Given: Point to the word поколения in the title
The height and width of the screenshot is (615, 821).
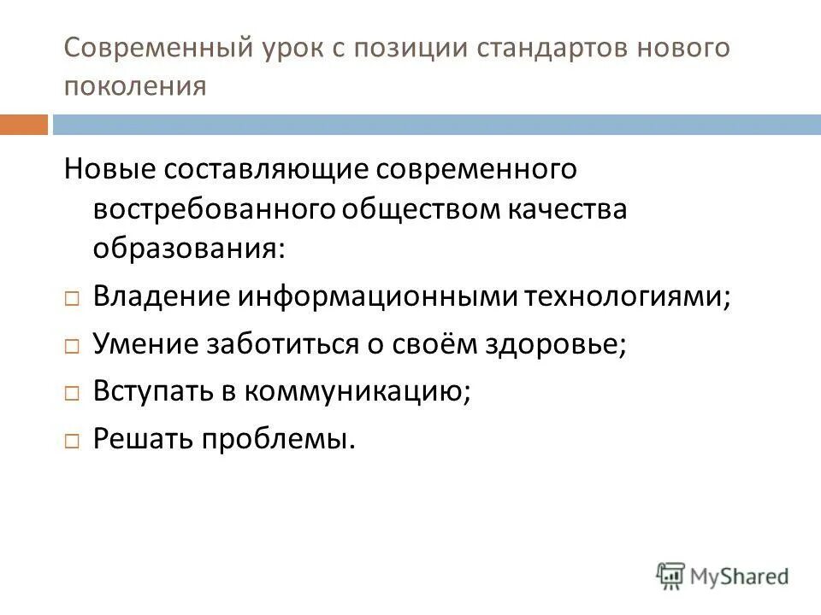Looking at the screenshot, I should pyautogui.click(x=135, y=86).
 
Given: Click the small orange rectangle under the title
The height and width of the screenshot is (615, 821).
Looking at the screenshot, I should pyautogui.click(x=23, y=125).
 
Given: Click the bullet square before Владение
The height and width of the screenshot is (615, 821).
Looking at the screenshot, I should pyautogui.click(x=72, y=299).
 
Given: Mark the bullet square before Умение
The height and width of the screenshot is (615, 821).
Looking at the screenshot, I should pyautogui.click(x=72, y=347).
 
